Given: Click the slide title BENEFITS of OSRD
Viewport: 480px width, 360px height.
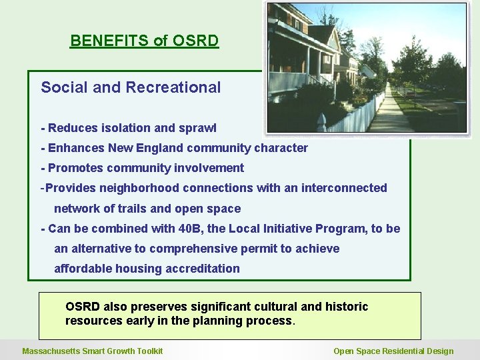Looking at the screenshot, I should pyautogui.click(x=144, y=41).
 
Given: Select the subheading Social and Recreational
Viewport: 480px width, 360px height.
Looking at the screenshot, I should pyautogui.click(x=131, y=87).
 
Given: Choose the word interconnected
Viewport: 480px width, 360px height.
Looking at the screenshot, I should pyautogui.click(x=344, y=188).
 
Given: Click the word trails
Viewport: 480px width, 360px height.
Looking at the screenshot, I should pyautogui.click(x=129, y=209).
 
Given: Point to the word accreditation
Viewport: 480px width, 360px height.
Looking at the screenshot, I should pyautogui.click(x=205, y=269).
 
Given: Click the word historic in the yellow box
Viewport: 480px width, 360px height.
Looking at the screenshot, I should pyautogui.click(x=346, y=307).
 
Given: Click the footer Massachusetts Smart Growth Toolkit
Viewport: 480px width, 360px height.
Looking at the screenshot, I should pyautogui.click(x=93, y=351).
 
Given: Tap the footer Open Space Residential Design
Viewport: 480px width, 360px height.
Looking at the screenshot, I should pyautogui.click(x=393, y=351).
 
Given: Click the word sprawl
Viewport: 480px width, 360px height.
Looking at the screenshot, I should pyautogui.click(x=198, y=128).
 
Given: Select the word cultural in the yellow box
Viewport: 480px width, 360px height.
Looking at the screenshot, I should pyautogui.click(x=275, y=307).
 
